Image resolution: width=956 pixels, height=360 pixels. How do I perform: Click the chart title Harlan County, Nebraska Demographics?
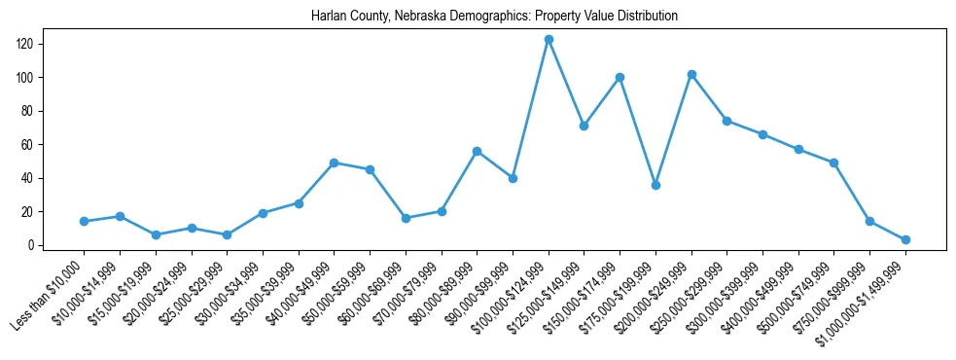click(x=494, y=17)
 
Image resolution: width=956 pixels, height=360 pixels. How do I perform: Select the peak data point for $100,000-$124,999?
click(x=549, y=40)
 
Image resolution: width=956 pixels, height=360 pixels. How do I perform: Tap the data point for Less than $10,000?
click(x=84, y=222)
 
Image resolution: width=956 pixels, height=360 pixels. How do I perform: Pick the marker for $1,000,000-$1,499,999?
click(x=905, y=239)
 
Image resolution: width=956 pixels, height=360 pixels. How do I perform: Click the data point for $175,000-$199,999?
click(x=655, y=185)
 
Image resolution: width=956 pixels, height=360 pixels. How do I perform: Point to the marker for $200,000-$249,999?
click(x=691, y=74)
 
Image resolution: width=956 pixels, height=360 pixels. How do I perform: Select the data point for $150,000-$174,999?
click(x=620, y=77)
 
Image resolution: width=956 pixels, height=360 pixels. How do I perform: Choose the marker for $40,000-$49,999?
click(x=334, y=162)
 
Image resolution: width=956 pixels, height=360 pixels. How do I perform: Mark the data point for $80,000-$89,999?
click(x=477, y=151)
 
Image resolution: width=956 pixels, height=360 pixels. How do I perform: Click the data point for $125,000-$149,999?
click(x=584, y=126)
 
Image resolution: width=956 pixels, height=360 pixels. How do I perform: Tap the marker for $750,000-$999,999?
click(x=869, y=222)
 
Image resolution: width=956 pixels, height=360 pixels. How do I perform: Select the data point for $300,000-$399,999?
click(x=762, y=134)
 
